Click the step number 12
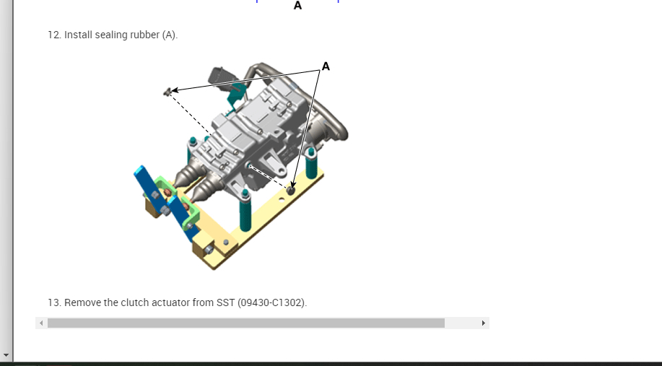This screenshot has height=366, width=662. [54, 35]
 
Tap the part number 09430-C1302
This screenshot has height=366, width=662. [271, 302]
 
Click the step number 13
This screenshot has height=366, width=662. [54, 302]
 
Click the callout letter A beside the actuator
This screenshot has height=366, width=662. [326, 66]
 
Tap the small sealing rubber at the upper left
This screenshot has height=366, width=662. [167, 92]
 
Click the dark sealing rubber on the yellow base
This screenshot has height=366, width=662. [290, 190]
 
